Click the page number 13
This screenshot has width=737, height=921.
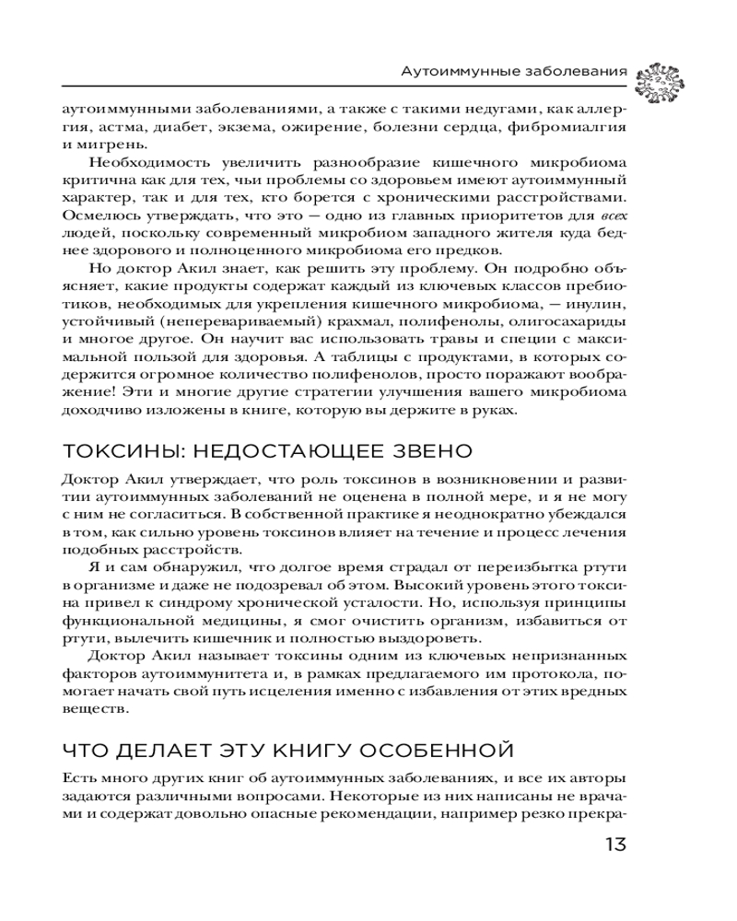coord(615,845)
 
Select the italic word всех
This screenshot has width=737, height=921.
coord(613,215)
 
